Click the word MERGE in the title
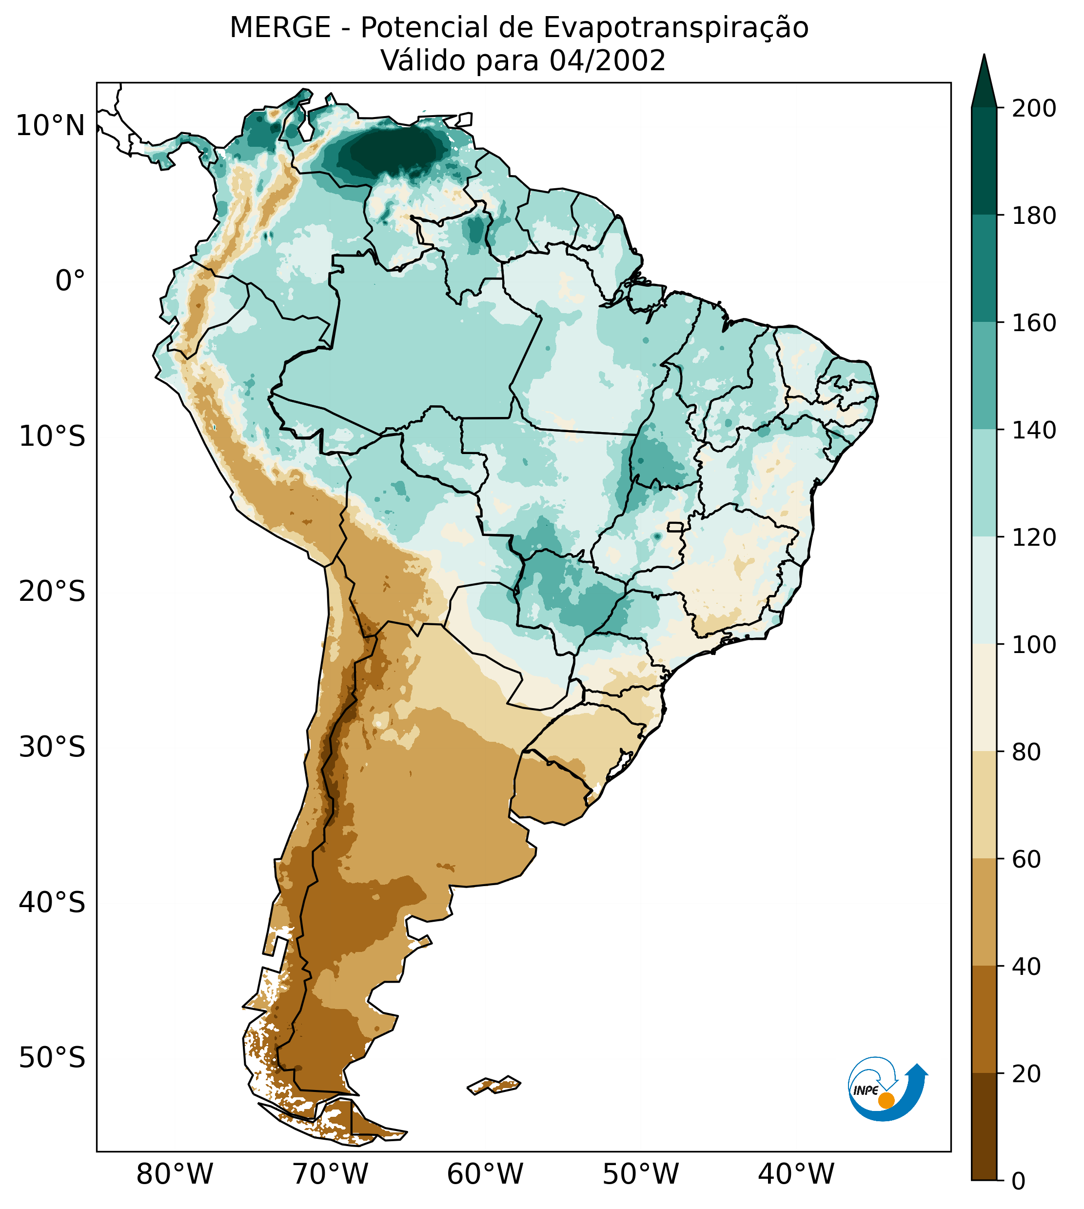[279, 28]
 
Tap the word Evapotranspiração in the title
[676, 28]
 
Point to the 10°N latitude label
[51, 126]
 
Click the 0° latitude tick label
[70, 281]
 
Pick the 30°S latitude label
[52, 748]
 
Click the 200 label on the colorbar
[1033, 108]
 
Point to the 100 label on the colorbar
[1033, 644]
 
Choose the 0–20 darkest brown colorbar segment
[984, 1127]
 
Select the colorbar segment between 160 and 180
[984, 269]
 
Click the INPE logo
[887, 1089]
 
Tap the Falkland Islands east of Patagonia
[494, 1085]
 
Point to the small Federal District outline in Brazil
[675, 527]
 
